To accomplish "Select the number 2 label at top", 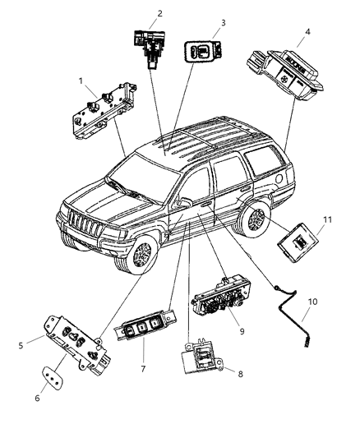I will click(159, 13).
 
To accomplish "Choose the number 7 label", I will click(143, 369).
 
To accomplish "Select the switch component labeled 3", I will click(201, 50).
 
